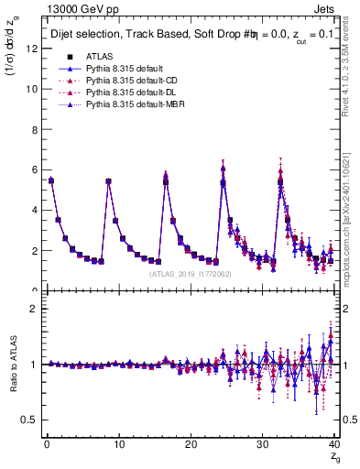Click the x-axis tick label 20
pyautogui.click(x=191, y=444)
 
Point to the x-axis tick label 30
pyautogui.click(x=263, y=444)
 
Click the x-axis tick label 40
pyautogui.click(x=334, y=444)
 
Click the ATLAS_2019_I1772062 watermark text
pyautogui.click(x=190, y=273)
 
